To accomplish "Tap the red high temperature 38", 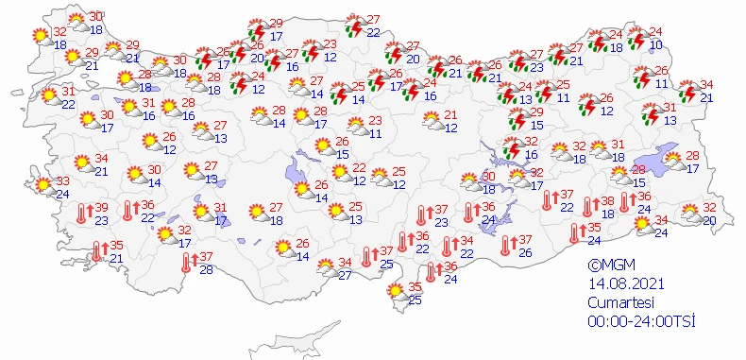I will (609, 201).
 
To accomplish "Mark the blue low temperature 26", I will (525, 252).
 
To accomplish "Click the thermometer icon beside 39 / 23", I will (81, 214).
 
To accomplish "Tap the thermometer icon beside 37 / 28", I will (187, 265).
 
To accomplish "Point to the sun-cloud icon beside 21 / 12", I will (429, 122).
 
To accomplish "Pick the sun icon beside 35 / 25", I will (393, 294).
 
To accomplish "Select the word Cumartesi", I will (618, 303).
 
